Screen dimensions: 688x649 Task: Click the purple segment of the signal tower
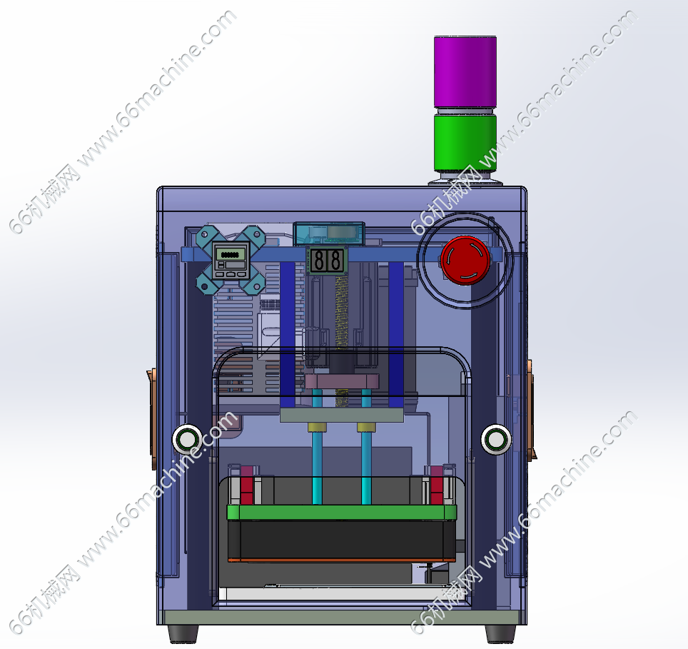pyautogui.click(x=465, y=71)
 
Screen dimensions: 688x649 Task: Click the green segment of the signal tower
pyautogui.click(x=465, y=143)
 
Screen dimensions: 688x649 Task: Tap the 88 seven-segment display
pyautogui.click(x=327, y=260)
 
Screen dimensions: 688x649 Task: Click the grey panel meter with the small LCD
pyautogui.click(x=231, y=260)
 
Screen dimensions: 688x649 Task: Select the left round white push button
pyautogui.click(x=188, y=439)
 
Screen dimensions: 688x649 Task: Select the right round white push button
pyautogui.click(x=496, y=439)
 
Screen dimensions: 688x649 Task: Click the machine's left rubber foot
pyautogui.click(x=183, y=633)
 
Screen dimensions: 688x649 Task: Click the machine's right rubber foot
pyautogui.click(x=500, y=633)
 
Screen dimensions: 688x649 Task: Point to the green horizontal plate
pyautogui.click(x=342, y=512)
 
